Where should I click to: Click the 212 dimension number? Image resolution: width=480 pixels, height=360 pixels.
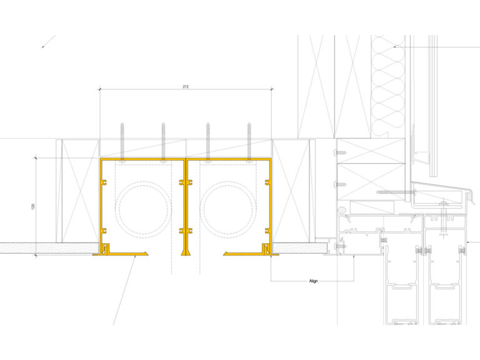point(186,86)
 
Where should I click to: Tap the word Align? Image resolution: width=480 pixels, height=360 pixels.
point(314,281)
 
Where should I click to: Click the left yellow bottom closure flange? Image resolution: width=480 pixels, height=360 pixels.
point(125,253)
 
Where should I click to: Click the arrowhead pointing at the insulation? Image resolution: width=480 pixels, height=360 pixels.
point(396,47)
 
